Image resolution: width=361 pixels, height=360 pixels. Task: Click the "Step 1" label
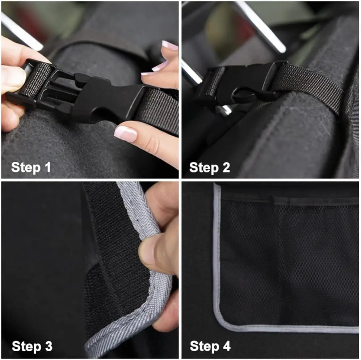click(31, 168)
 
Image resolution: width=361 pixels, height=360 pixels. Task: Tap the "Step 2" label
click(210, 168)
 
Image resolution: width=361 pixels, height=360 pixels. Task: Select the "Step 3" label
click(32, 346)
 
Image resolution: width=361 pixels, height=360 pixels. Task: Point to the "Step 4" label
click(210, 346)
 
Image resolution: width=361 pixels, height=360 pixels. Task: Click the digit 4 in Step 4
click(226, 346)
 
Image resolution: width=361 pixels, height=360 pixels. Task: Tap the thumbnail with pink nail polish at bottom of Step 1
click(126, 134)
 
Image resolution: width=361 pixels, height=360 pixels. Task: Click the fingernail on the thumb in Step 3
click(146, 253)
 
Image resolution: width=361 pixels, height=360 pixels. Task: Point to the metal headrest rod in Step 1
click(22, 31)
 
